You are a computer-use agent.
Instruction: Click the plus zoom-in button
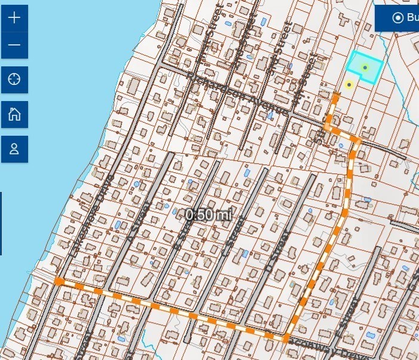click(x=14, y=17)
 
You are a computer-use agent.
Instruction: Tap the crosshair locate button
click(x=14, y=80)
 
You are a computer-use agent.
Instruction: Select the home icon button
click(x=14, y=114)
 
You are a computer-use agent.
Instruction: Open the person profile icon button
click(x=14, y=149)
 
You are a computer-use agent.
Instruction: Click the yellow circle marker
click(x=349, y=85)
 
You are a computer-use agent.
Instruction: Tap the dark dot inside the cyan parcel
click(x=365, y=68)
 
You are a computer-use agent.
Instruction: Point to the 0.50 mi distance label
click(x=207, y=215)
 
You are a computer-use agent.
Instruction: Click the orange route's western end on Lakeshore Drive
click(x=59, y=281)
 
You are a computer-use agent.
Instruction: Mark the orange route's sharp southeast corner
click(x=286, y=339)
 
